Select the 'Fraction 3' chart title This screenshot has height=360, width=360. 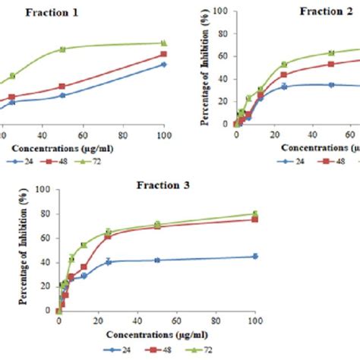(x=164, y=185)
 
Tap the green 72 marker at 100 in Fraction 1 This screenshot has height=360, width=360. (x=163, y=43)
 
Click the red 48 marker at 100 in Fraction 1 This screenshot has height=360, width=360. (x=163, y=55)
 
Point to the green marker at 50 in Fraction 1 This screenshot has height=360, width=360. (x=62, y=49)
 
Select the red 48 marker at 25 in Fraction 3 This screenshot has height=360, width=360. (x=108, y=236)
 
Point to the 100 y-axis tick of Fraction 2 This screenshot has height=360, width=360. (x=219, y=11)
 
